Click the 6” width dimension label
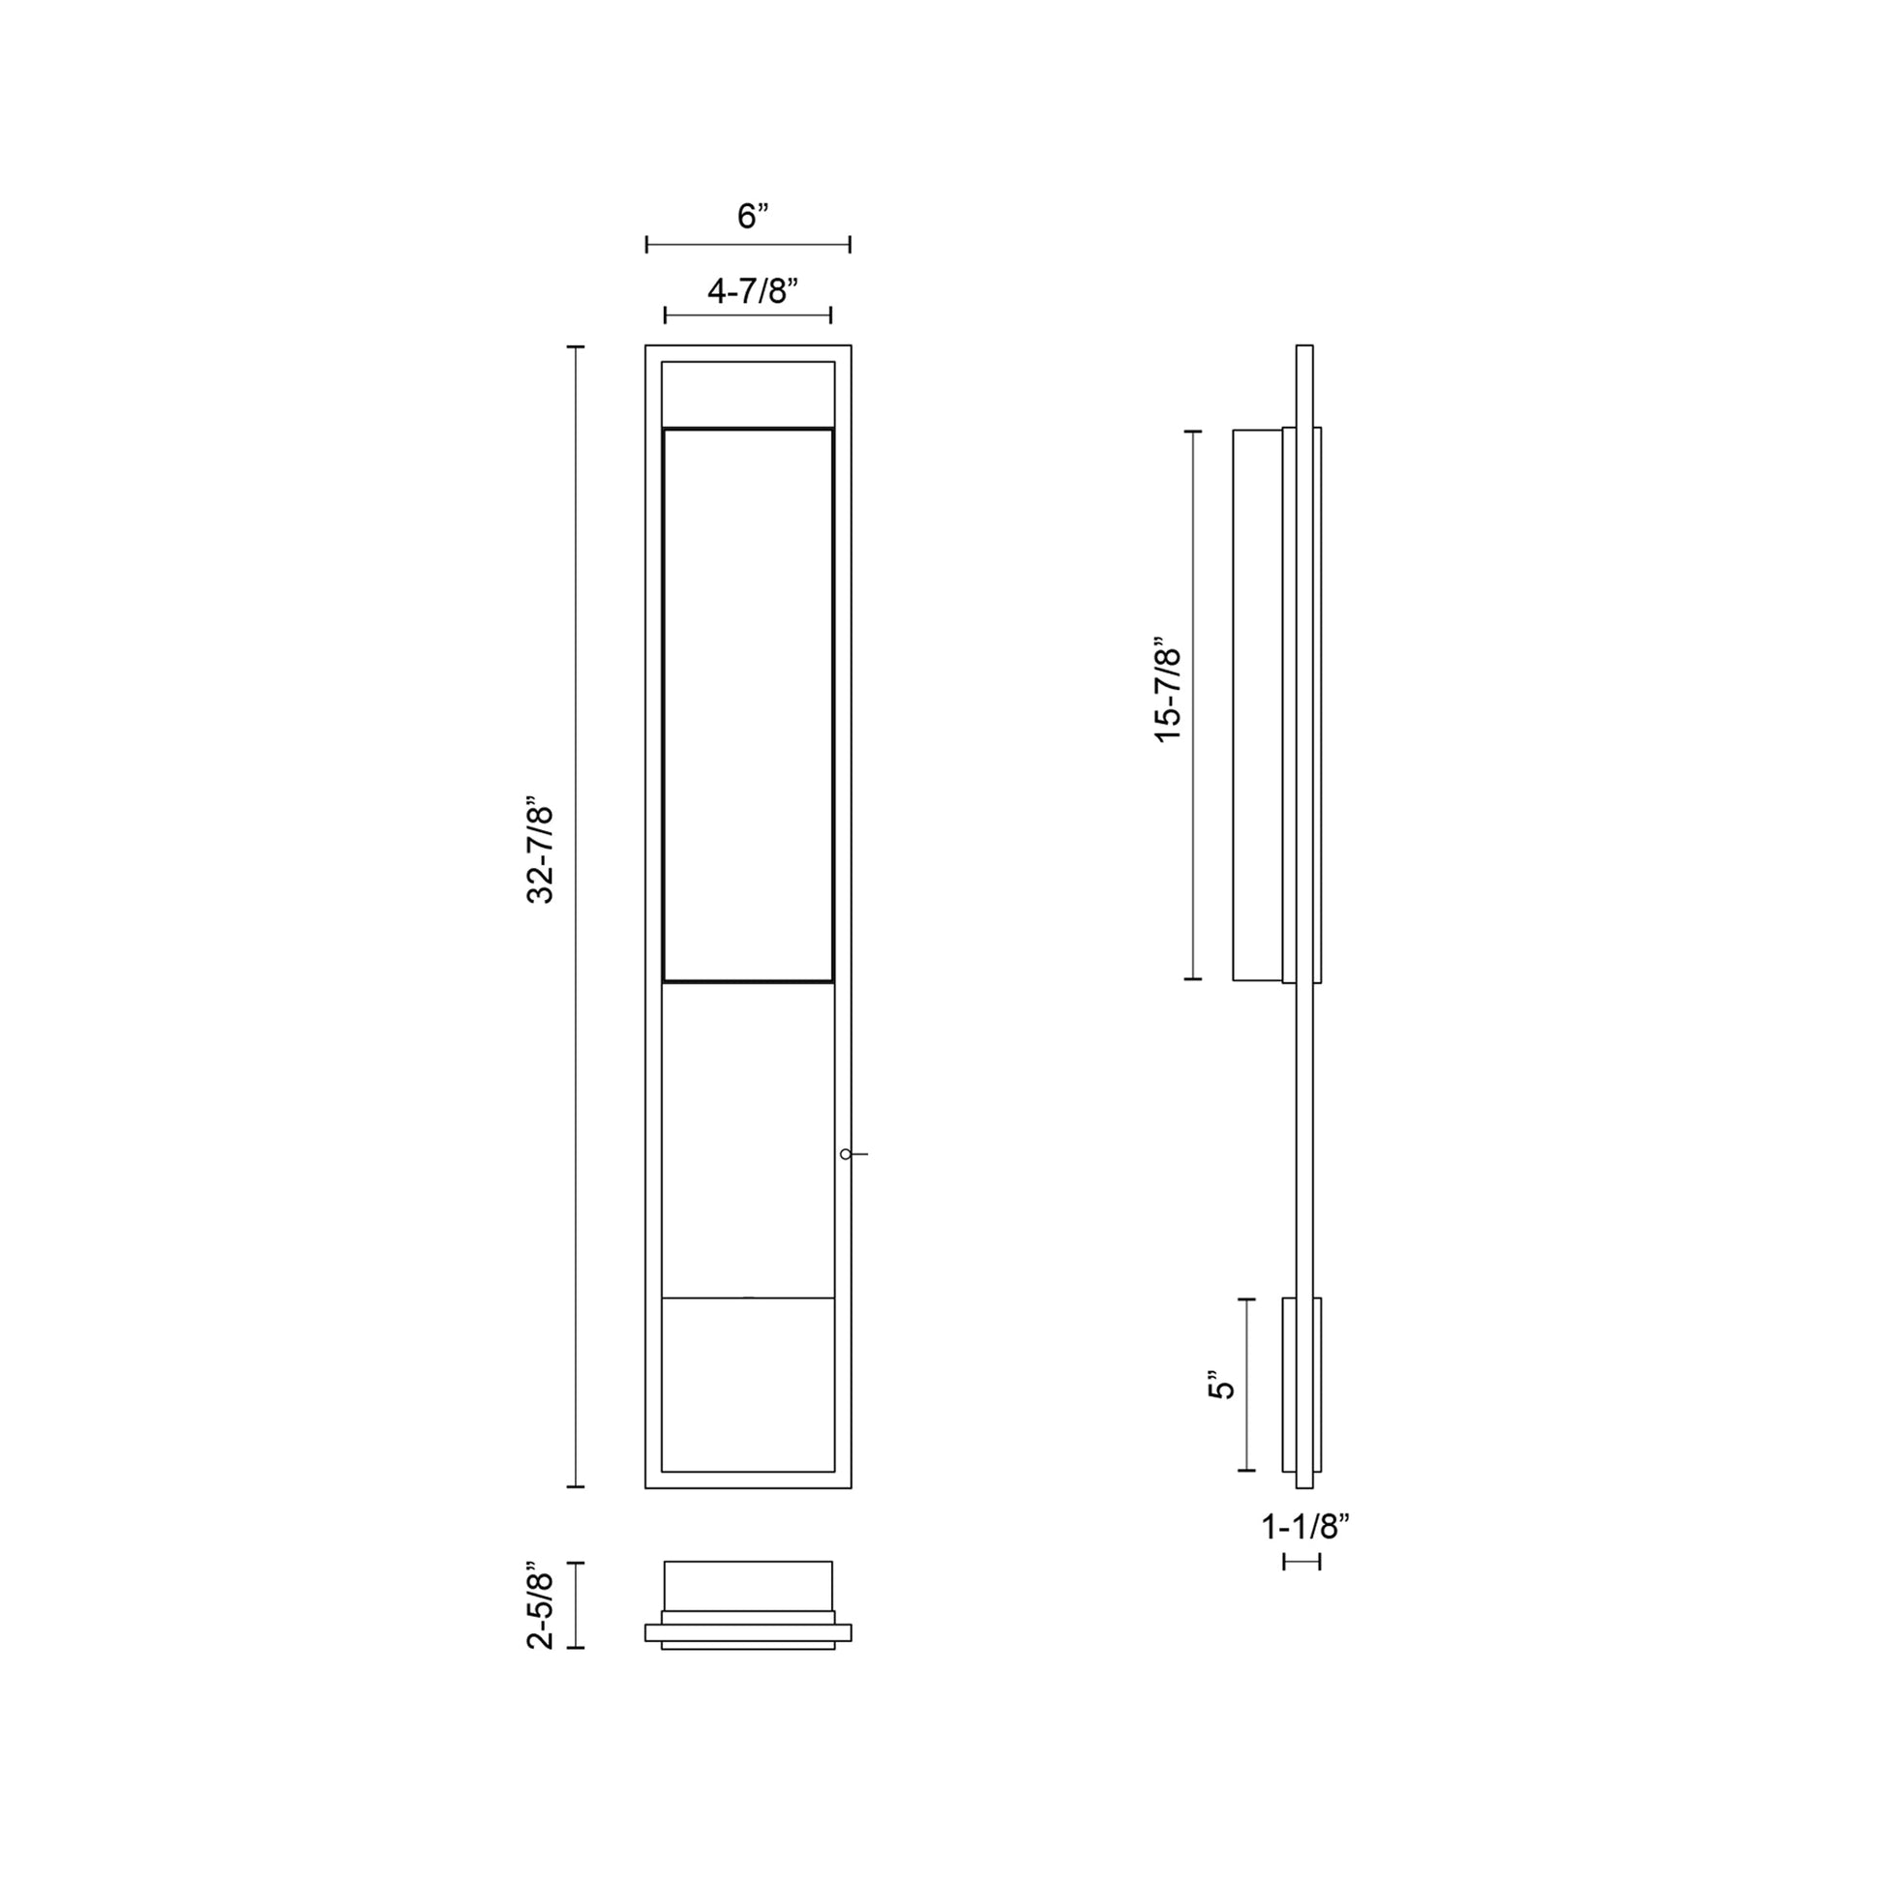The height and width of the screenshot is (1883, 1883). pyautogui.click(x=753, y=217)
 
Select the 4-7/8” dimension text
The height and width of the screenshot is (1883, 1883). pyautogui.click(x=753, y=290)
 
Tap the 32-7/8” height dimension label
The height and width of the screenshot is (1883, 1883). pyautogui.click(x=540, y=854)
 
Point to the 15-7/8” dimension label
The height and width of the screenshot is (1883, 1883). pyautogui.click(x=1168, y=694)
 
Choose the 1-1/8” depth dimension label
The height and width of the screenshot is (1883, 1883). pyautogui.click(x=1305, y=1526)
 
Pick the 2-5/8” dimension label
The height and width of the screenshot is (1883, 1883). pyautogui.click(x=540, y=1611)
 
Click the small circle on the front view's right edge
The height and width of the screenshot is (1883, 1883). pyautogui.click(x=845, y=1154)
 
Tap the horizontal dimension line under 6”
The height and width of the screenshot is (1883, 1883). pyautogui.click(x=749, y=244)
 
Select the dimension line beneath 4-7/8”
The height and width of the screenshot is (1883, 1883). pyautogui.click(x=748, y=314)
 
